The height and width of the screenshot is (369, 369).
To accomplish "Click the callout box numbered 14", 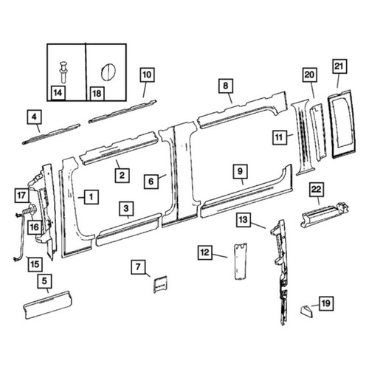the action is coord(58,93).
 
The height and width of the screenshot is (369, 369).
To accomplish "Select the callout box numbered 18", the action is coord(97,94).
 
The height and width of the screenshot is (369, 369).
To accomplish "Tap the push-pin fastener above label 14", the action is coord(63,72).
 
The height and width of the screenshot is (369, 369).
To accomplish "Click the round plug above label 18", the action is coord(108,72).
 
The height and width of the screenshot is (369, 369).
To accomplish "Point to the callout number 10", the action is coord(147,75).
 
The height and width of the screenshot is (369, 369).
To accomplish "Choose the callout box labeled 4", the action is coord(34,117).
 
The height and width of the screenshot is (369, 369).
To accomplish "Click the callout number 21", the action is coord(339,66).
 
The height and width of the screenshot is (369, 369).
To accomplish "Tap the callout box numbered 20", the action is coord(309,75).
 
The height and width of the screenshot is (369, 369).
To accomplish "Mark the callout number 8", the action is coord(226,86).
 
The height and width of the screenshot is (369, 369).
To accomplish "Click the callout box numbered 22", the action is coord(317,190).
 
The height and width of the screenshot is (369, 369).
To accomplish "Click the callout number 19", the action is coord(326,303).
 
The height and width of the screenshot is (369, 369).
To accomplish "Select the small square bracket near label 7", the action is coord(160,284).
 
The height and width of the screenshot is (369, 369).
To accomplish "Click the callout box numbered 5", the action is coord(44,281).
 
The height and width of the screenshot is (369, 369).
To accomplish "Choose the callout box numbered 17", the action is coord(21,196).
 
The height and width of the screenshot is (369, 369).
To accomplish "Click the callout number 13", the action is coord(244,219).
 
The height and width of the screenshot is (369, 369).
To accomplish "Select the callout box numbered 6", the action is coord(151,182).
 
